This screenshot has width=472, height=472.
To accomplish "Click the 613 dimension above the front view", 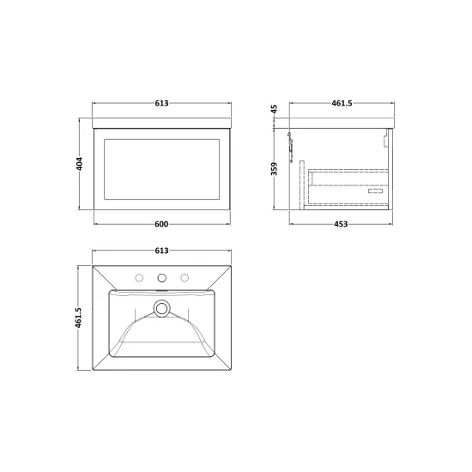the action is [161, 103].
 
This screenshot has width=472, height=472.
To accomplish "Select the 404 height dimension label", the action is [79, 164].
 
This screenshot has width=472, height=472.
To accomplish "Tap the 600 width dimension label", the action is [161, 224].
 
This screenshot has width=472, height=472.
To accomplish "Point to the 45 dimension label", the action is [274, 109].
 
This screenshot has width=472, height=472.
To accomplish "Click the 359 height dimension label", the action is [274, 168].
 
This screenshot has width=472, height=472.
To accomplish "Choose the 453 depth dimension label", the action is [341, 224].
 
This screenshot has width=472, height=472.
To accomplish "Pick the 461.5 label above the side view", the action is [342, 103].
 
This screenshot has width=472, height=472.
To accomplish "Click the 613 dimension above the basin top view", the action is [161, 251].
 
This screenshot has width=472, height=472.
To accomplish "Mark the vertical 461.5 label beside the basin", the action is [78, 318].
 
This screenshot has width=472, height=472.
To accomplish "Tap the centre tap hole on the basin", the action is [162, 278].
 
